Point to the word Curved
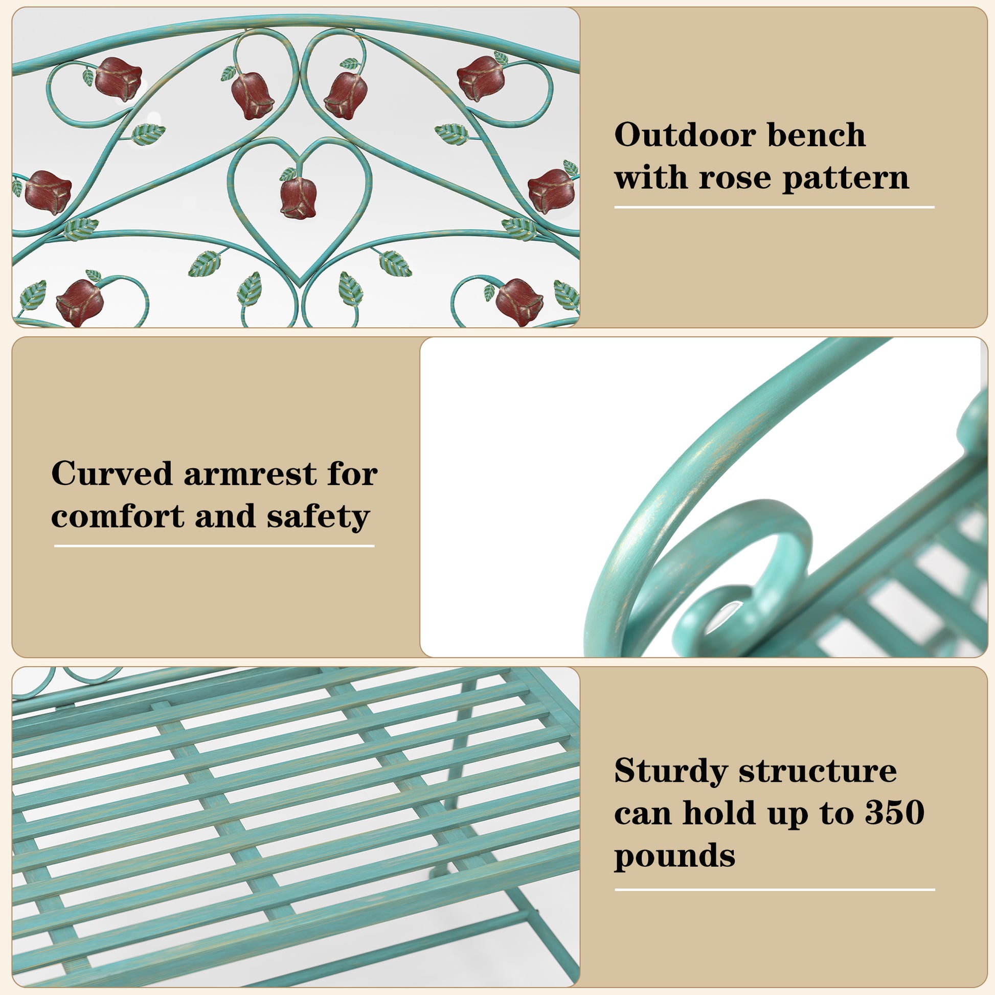(112, 473)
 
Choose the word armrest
(251, 474)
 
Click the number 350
(895, 813)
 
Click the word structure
(818, 772)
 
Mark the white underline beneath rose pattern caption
(774, 208)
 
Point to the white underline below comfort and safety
(214, 546)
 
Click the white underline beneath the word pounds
(775, 890)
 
